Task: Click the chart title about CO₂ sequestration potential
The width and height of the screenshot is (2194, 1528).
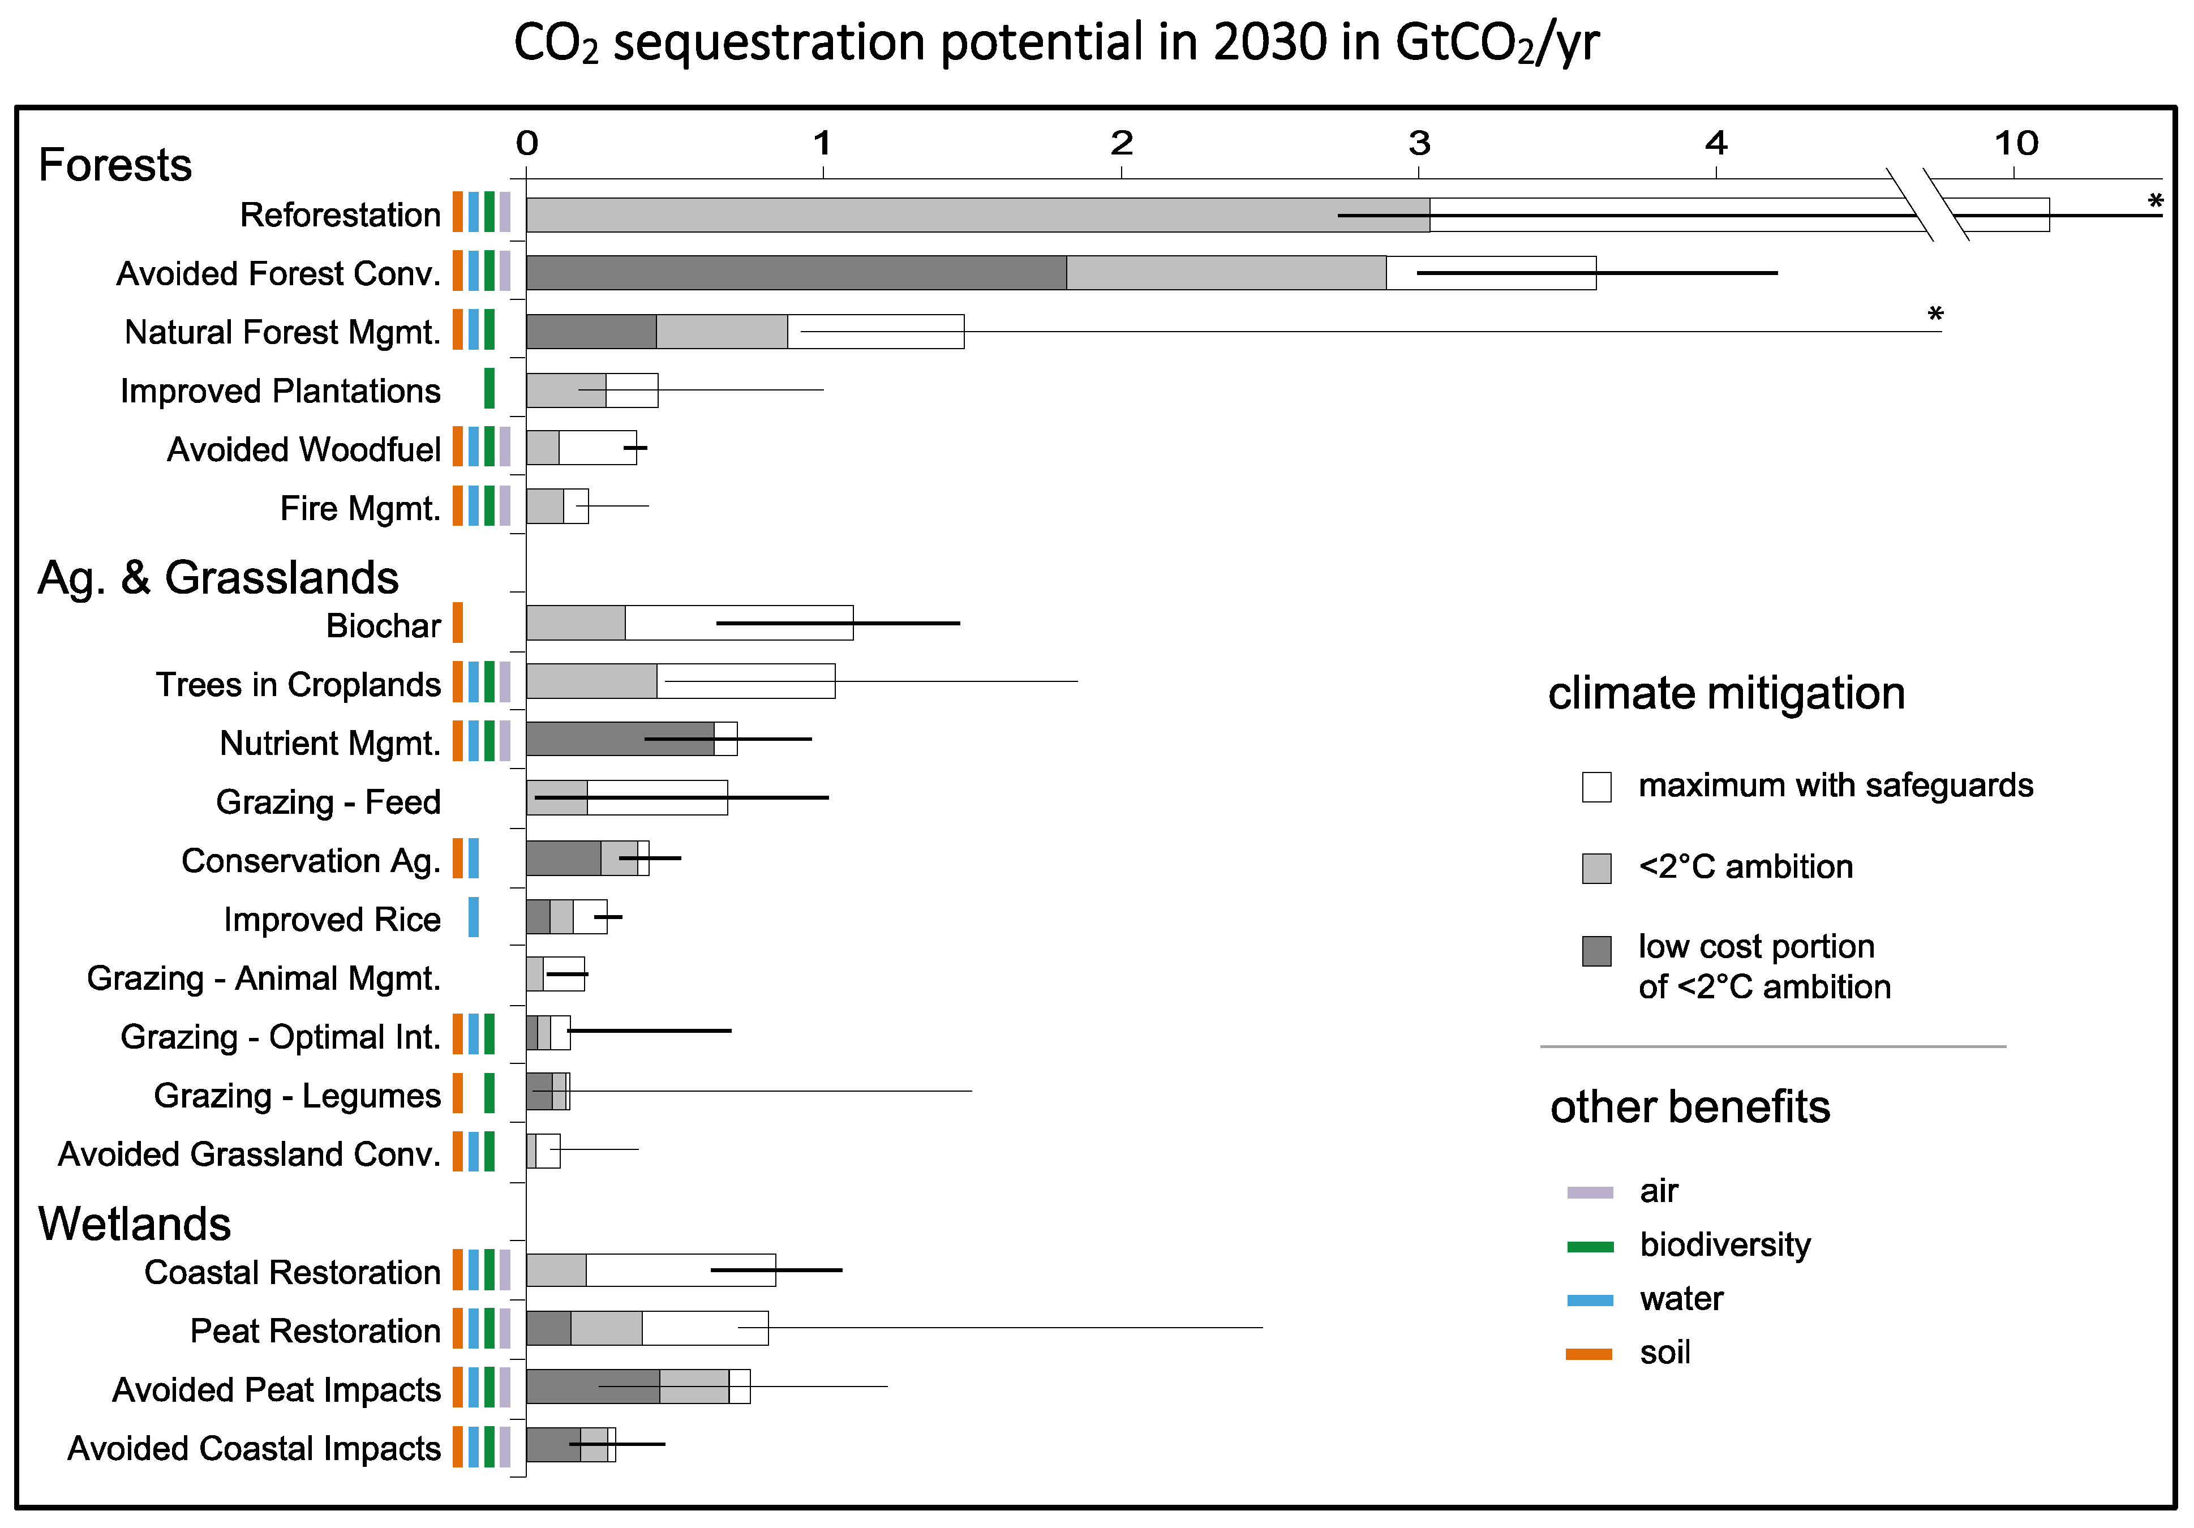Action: click(1056, 43)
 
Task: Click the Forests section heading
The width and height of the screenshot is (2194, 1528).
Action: click(115, 164)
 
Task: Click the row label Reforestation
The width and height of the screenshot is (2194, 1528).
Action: click(340, 215)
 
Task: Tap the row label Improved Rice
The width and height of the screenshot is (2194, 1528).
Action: click(332, 918)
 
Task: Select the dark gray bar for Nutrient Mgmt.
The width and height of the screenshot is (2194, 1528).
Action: click(619, 739)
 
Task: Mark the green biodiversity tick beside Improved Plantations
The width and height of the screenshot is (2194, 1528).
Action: click(490, 388)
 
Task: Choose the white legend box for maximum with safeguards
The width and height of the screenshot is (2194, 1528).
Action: click(1596, 787)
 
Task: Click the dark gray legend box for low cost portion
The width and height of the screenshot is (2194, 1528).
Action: click(1596, 951)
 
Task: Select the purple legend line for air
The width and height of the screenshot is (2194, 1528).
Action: click(1590, 1192)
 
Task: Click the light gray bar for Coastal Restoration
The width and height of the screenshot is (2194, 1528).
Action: click(556, 1270)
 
